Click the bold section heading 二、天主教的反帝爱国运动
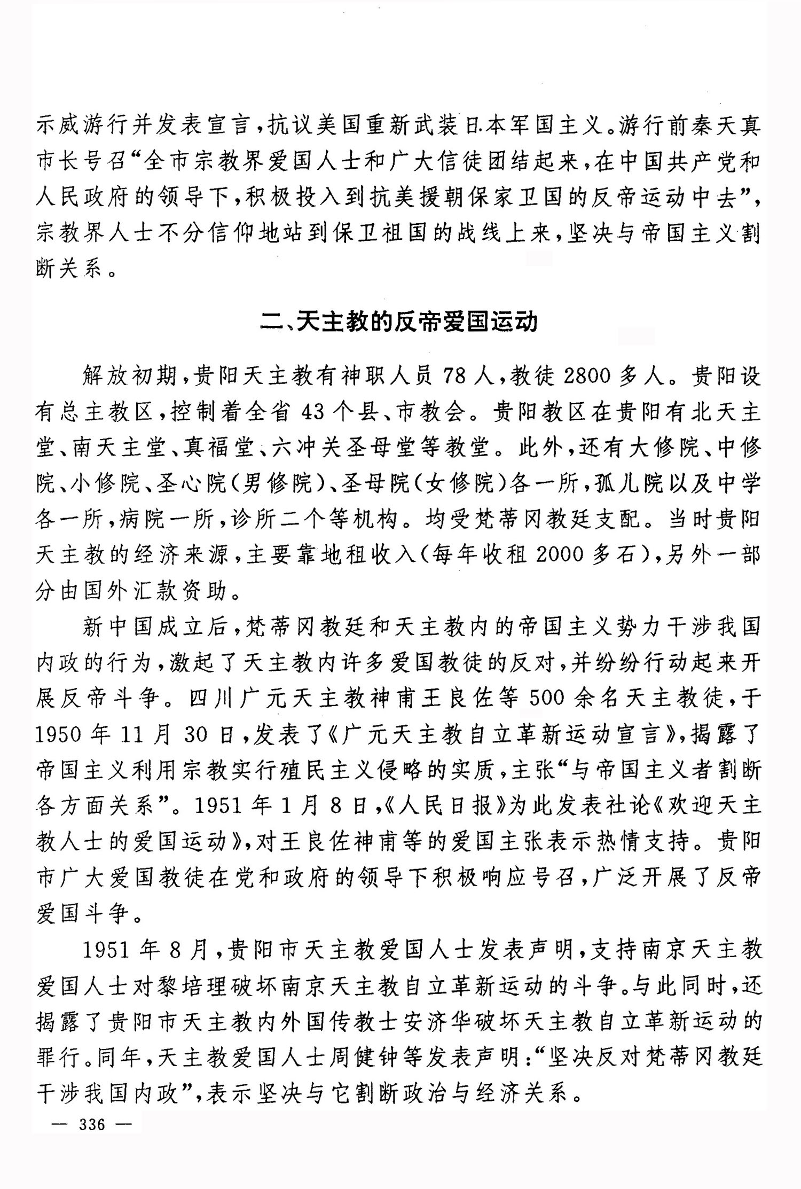point(399,322)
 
